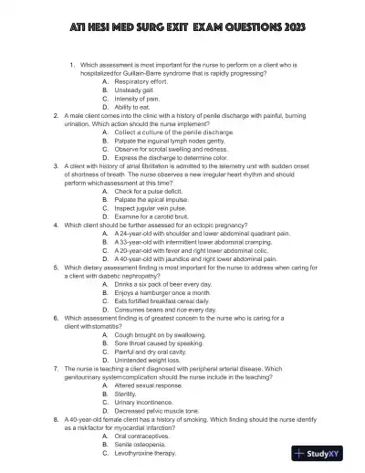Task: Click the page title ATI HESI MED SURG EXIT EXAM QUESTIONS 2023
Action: click(182, 28)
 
